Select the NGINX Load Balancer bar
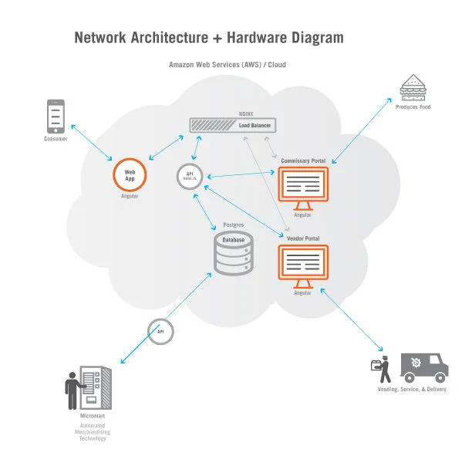(234, 124)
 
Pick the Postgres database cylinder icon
(233, 255)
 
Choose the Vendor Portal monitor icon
(302, 265)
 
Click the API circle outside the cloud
(160, 332)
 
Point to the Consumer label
(56, 140)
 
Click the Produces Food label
(415, 107)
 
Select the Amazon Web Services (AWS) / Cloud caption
(227, 65)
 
